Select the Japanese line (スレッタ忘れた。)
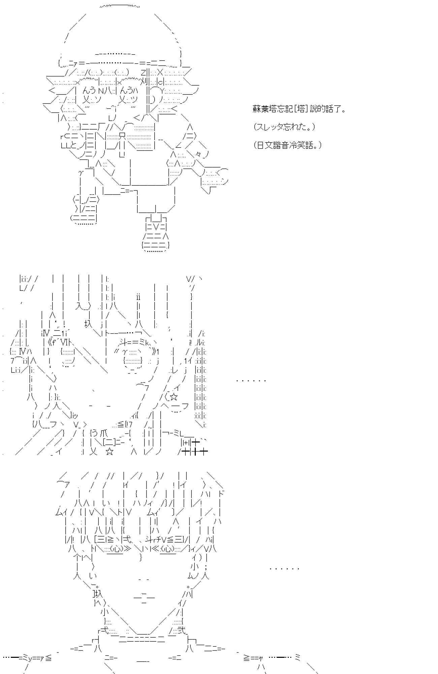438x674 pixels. [284, 127]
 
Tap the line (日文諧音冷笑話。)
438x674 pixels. [287, 145]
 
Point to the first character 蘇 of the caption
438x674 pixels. [256, 109]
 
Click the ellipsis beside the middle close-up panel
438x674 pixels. [251, 380]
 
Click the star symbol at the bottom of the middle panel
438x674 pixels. [109, 452]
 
